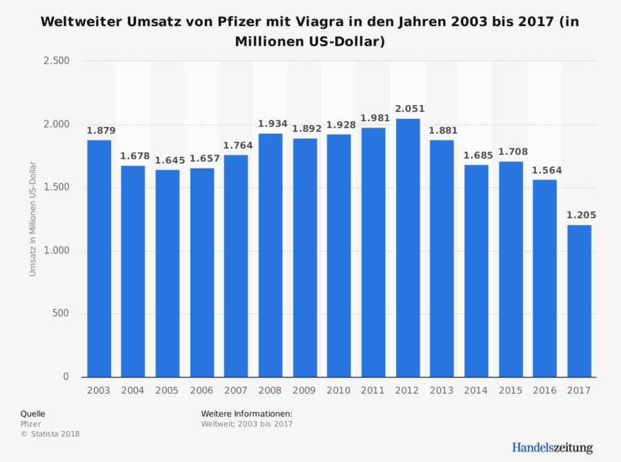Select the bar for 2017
pyautogui.click(x=580, y=300)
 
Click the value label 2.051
pyautogui.click(x=410, y=109)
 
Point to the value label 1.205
pyautogui.click(x=581, y=215)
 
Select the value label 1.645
pyautogui.click(x=170, y=160)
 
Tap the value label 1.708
pyautogui.click(x=512, y=152)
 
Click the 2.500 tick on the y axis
pyautogui.click(x=56, y=61)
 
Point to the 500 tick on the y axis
pyautogui.click(x=61, y=314)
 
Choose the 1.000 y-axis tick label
pyautogui.click(x=56, y=251)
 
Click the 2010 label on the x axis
pyautogui.click(x=339, y=390)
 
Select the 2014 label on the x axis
pyautogui.click(x=476, y=390)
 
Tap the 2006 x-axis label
pyautogui.click(x=201, y=390)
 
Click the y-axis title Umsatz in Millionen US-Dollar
pyautogui.click(x=32, y=218)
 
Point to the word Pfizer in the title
pyautogui.click(x=225, y=21)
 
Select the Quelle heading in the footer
pyautogui.click(x=32, y=414)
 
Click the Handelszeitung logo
pyautogui.click(x=552, y=447)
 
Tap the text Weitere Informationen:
pyautogui.click(x=246, y=414)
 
